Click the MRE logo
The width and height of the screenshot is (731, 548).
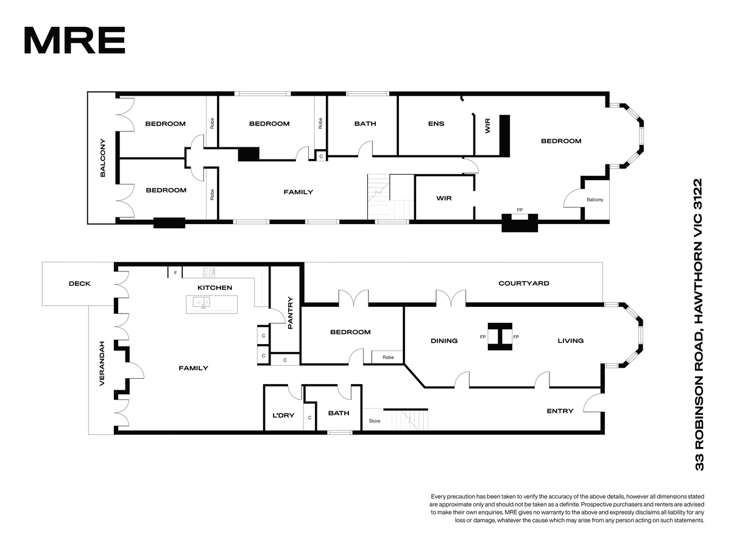[74, 40]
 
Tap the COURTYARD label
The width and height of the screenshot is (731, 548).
[523, 284]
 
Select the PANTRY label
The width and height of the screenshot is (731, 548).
[290, 313]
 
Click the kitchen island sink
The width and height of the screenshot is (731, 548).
[202, 302]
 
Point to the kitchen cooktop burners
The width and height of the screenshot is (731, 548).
[209, 272]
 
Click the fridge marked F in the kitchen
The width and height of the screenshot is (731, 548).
[175, 273]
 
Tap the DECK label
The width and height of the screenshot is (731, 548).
[80, 284]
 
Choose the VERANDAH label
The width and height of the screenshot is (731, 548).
[102, 364]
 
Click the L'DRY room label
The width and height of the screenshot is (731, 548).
[283, 416]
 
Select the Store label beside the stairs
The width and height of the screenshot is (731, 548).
[374, 421]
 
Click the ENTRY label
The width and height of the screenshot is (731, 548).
[560, 411]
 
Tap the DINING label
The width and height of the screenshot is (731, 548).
[444, 341]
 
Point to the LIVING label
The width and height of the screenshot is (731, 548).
[570, 341]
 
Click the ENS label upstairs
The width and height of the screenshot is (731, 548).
[436, 124]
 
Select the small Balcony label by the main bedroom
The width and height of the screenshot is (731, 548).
[595, 200]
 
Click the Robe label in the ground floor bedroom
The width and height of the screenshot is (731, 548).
[388, 357]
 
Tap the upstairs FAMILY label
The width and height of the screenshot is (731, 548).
[298, 192]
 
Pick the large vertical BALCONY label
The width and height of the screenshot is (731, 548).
[102, 158]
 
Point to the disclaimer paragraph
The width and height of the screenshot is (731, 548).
[568, 508]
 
